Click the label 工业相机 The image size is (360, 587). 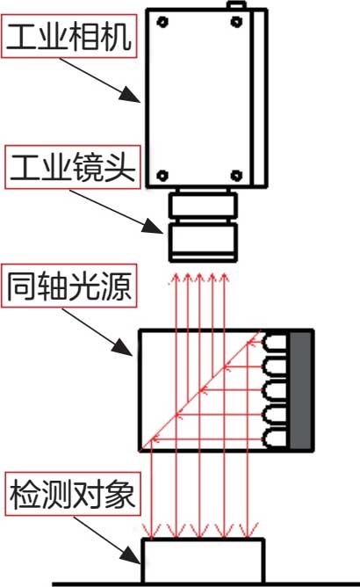pyautogui.click(x=68, y=36)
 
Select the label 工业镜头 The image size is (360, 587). pyautogui.click(x=73, y=167)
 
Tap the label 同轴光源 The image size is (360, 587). pyautogui.click(x=69, y=286)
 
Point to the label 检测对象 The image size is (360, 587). pyautogui.click(x=73, y=494)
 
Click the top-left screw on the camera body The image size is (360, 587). pyautogui.click(x=162, y=22)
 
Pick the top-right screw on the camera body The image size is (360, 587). pyautogui.click(x=236, y=22)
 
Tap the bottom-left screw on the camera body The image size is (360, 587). pyautogui.click(x=162, y=175)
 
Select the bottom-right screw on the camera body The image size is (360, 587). pyautogui.click(x=236, y=175)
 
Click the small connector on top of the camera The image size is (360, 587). pyautogui.click(x=236, y=5)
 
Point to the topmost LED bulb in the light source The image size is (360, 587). pyautogui.click(x=276, y=343)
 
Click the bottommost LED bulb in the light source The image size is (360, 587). pyautogui.click(x=276, y=438)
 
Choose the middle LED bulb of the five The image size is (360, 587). pyautogui.click(x=276, y=390)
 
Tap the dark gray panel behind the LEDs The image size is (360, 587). pyautogui.click(x=300, y=390)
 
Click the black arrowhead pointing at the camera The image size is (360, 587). pyautogui.click(x=130, y=95)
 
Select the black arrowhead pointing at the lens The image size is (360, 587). pyautogui.click(x=154, y=226)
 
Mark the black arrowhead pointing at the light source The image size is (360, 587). pyautogui.click(x=122, y=347)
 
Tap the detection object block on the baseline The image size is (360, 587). pyautogui.click(x=203, y=561)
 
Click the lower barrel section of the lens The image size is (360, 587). pyautogui.click(x=203, y=242)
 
